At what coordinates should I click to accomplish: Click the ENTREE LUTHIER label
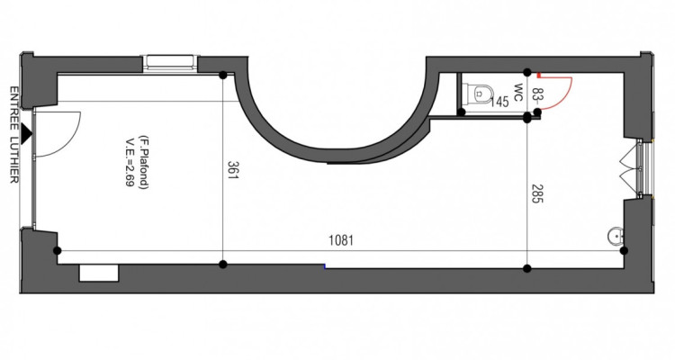coord(14,135)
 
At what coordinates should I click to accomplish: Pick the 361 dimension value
coord(231,171)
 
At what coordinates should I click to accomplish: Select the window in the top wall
coord(170,63)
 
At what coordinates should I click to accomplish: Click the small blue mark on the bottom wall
coord(325,265)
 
